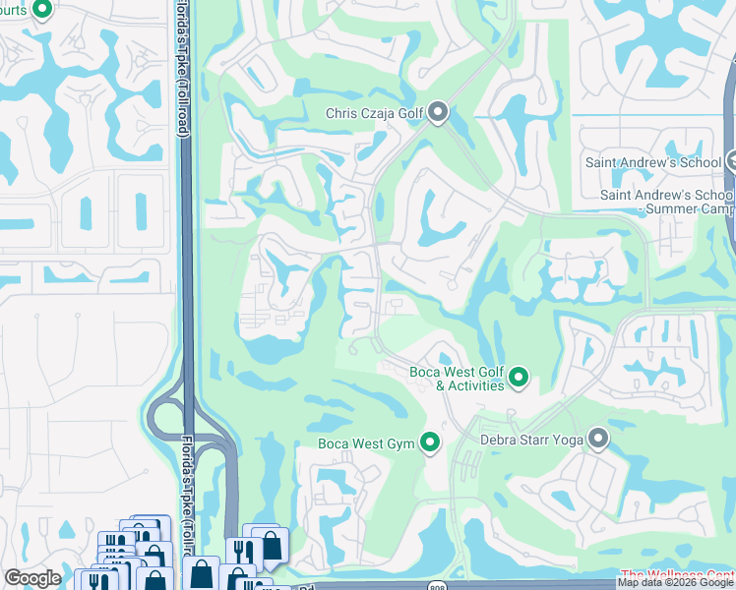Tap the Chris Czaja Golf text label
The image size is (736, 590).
tap(374, 114)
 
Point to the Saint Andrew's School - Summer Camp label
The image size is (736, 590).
tap(667, 202)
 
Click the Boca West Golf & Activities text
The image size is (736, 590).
tap(457, 379)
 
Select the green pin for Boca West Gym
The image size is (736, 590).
tap(429, 442)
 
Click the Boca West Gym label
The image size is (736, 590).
tap(367, 443)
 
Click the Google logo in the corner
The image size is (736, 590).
tap(32, 578)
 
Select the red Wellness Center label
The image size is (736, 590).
tap(678, 574)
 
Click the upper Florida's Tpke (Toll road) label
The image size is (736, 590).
tap(184, 69)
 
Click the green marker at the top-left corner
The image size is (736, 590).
tap(41, 10)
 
